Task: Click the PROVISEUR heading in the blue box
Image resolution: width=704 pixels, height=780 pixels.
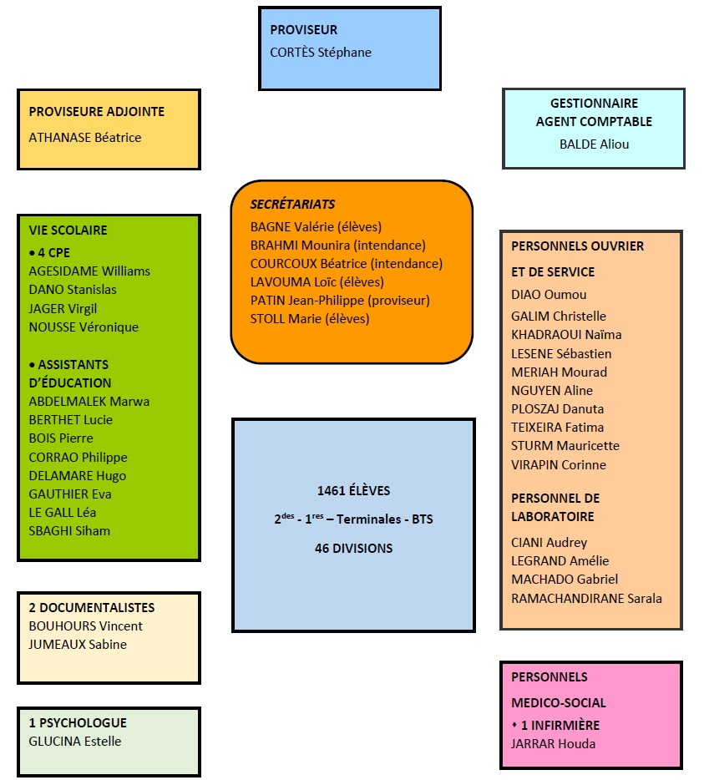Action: (x=303, y=30)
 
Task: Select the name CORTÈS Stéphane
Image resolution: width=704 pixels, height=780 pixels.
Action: (x=321, y=52)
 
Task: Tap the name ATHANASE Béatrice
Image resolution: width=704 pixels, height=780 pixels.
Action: (x=85, y=137)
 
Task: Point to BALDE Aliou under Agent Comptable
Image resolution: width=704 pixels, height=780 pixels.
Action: (x=594, y=144)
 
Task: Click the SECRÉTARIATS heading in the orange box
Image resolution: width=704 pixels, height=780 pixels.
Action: (x=292, y=204)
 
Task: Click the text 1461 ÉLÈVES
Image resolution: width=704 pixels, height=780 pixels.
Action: (x=353, y=490)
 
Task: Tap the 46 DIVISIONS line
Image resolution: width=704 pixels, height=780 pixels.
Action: (x=353, y=548)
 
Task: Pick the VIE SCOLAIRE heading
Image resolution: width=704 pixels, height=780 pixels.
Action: (x=68, y=230)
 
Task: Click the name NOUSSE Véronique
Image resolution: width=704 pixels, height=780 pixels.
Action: (x=84, y=327)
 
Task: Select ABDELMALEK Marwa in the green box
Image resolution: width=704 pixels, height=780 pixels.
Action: (x=89, y=401)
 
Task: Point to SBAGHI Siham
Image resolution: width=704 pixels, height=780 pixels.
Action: (x=69, y=530)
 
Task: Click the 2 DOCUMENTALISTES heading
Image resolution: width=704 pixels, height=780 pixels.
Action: (x=92, y=608)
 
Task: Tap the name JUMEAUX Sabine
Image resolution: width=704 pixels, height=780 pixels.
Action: (x=78, y=644)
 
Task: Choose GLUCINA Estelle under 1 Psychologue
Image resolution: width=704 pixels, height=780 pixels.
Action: (x=75, y=741)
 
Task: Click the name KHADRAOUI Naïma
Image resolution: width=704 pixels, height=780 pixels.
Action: (x=566, y=334)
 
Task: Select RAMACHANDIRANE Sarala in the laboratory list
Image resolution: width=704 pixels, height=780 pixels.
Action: (x=586, y=598)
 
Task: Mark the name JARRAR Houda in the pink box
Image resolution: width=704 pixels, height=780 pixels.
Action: (x=553, y=743)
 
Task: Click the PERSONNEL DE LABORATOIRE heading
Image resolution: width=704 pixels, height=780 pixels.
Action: (x=555, y=507)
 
